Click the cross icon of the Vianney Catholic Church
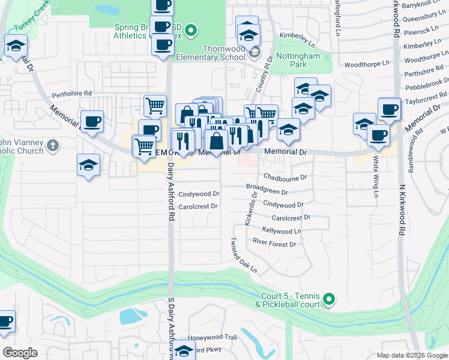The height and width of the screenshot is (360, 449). pos(53,145)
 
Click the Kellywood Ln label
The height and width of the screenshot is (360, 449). pos(282,231)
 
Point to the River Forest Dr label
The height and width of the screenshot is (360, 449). pos(274,244)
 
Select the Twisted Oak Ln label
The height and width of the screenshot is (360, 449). pos(244,256)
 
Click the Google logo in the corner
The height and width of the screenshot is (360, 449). pos(20,352)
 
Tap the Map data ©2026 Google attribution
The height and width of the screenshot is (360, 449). pos(411,355)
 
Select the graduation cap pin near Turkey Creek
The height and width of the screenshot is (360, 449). pos(16,46)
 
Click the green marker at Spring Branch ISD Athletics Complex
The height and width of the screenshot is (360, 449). pos(191,28)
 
